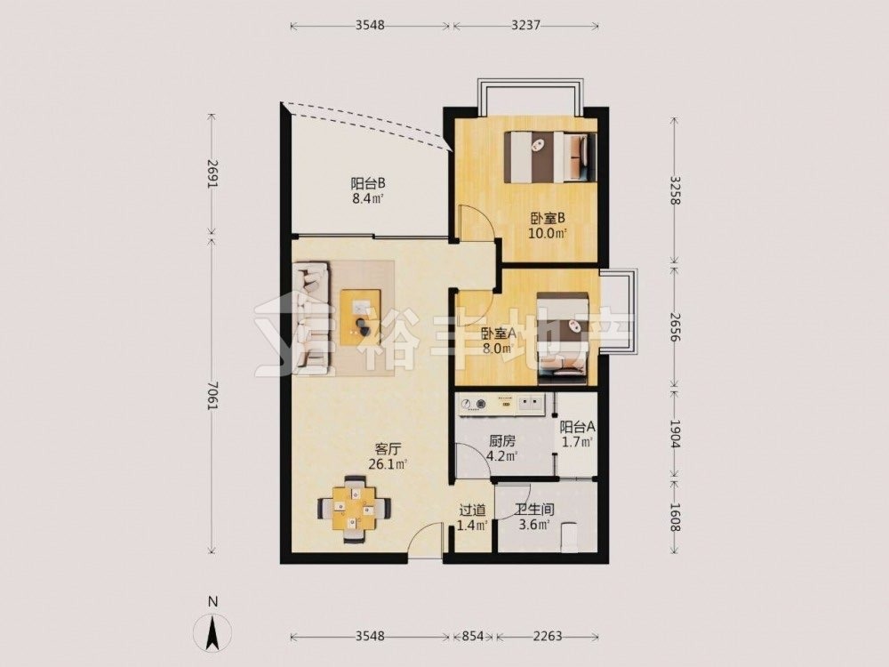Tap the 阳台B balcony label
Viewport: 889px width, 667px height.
[368, 184]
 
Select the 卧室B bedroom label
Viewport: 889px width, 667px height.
[549, 219]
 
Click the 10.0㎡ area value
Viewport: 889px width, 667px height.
[549, 233]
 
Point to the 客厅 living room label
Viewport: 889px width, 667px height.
[388, 449]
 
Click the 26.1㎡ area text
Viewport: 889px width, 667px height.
[388, 464]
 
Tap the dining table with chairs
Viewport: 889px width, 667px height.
[355, 509]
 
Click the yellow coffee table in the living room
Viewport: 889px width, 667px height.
[361, 317]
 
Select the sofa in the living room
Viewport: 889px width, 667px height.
[311, 317]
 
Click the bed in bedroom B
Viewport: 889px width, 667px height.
[550, 157]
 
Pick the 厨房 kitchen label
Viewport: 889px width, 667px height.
[501, 441]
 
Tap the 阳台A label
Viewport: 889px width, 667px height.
[577, 427]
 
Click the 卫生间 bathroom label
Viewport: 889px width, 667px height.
[534, 510]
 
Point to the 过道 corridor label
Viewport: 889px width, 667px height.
[472, 510]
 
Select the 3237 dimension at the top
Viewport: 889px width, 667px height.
[525, 26]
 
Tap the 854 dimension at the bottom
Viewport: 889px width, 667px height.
[472, 636]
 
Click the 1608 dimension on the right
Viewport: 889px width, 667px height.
[674, 517]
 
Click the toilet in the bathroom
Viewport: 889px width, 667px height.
[571, 536]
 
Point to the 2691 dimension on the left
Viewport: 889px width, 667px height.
[212, 174]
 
